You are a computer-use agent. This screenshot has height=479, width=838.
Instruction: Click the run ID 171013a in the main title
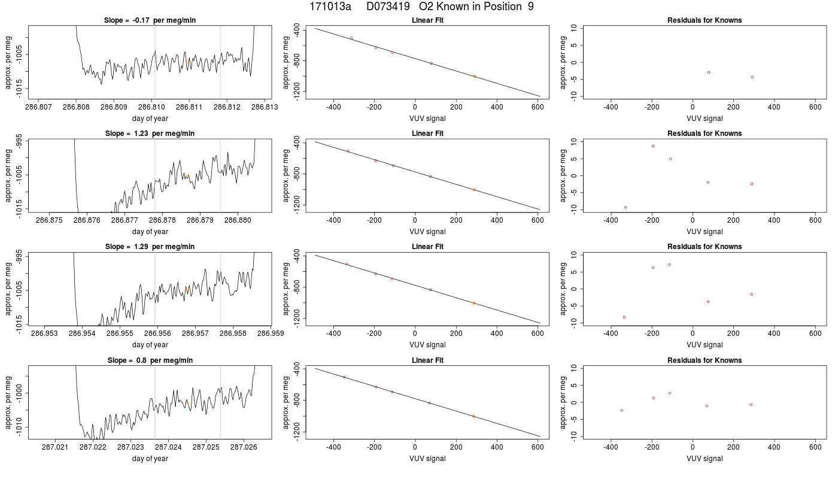[x=330, y=7]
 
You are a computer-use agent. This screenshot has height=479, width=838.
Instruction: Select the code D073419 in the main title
[x=388, y=7]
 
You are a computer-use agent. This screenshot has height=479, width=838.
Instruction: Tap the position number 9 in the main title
[x=531, y=7]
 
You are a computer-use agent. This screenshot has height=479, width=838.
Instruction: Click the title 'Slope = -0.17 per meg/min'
[x=150, y=20]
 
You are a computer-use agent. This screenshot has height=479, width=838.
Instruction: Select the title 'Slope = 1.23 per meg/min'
[x=150, y=133]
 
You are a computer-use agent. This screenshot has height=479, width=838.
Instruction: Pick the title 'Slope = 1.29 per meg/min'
[x=150, y=247]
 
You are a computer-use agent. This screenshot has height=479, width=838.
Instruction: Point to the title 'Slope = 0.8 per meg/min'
[x=150, y=360]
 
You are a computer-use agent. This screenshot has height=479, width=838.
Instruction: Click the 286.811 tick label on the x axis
[x=189, y=107]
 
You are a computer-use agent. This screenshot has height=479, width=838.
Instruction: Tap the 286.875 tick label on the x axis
[x=49, y=220]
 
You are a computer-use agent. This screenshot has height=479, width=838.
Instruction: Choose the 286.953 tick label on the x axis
[x=44, y=333]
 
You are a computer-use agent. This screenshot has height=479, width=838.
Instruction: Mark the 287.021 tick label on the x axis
[x=55, y=447]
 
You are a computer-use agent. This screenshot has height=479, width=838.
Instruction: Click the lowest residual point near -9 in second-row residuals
[x=626, y=207]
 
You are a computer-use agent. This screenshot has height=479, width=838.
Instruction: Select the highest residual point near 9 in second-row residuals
[x=653, y=146]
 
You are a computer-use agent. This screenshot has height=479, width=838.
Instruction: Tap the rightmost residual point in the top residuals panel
[x=752, y=77]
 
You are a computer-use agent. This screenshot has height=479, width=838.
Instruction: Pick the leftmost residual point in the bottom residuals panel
[x=622, y=411]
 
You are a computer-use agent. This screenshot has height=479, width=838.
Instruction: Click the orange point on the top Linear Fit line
[x=475, y=77]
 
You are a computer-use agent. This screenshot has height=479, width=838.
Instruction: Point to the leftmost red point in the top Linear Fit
[x=351, y=38]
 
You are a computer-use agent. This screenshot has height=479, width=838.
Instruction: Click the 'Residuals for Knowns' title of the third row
[x=705, y=247]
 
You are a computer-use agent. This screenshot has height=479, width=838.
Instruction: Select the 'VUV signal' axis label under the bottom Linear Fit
[x=427, y=459]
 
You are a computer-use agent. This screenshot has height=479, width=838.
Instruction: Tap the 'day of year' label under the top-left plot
[x=150, y=119]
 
